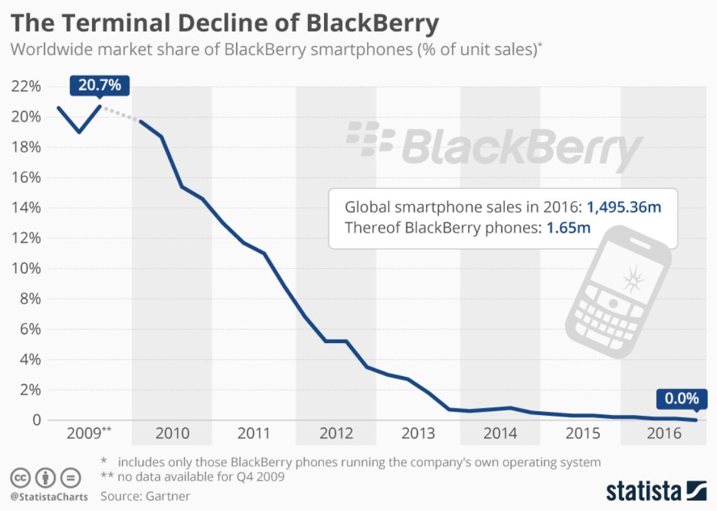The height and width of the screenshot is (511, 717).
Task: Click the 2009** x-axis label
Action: coord(89,433)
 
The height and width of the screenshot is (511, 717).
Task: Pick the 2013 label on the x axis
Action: coord(418,433)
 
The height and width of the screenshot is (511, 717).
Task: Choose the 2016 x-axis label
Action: coord(664,433)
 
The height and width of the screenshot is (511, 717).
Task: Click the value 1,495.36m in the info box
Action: coord(624,208)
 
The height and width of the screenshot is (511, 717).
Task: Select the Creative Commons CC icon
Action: coord(21,479)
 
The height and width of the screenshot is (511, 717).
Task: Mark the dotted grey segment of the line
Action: coord(121,113)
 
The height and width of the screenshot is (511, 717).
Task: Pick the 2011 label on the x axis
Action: coord(254,433)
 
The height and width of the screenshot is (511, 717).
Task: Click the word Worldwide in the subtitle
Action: coord(49,50)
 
